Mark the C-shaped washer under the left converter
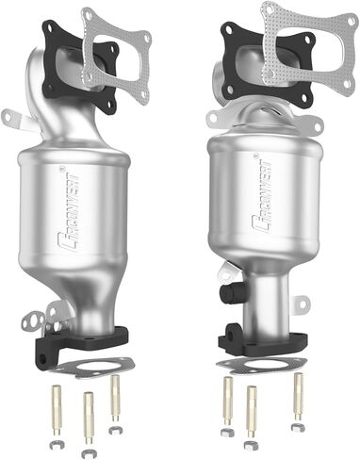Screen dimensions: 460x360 (114, 429)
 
